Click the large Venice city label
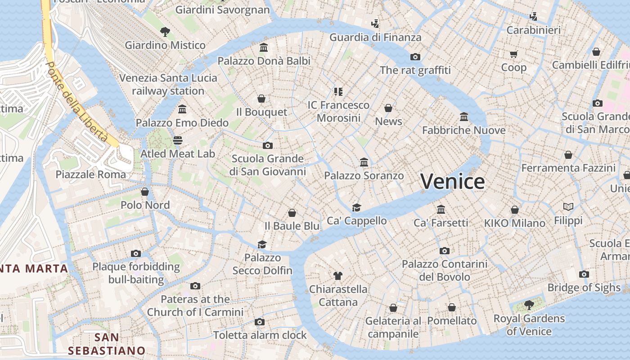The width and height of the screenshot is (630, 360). point(453,181)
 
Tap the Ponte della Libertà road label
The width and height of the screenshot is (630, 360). point(77,101)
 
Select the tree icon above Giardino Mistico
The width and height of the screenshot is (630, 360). point(165,31)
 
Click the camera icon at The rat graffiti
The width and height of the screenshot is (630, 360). point(415,57)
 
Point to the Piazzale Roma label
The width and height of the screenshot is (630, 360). point(91,174)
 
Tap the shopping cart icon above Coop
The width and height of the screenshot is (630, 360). point(514,54)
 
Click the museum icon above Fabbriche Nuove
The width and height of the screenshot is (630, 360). point(464,117)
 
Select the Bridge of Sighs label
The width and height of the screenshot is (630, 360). point(584,288)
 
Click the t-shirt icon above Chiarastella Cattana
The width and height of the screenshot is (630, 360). point(338,275)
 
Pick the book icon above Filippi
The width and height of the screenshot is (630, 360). point(568,207)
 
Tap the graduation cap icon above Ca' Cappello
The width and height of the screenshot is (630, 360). point(356,207)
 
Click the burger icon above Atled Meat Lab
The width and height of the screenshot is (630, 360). point(178,140)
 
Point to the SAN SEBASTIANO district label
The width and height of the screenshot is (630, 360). point(107,344)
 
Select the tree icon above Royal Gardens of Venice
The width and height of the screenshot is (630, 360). point(529,305)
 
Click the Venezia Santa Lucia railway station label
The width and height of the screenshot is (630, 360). point(168,84)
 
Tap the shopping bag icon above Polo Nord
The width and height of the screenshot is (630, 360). point(145,192)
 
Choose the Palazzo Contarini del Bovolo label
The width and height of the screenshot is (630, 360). point(445,270)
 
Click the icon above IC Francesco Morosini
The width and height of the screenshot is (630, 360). point(338,92)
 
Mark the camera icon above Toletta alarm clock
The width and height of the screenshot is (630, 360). point(260,322)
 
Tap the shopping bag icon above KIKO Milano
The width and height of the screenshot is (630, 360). point(515,210)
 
